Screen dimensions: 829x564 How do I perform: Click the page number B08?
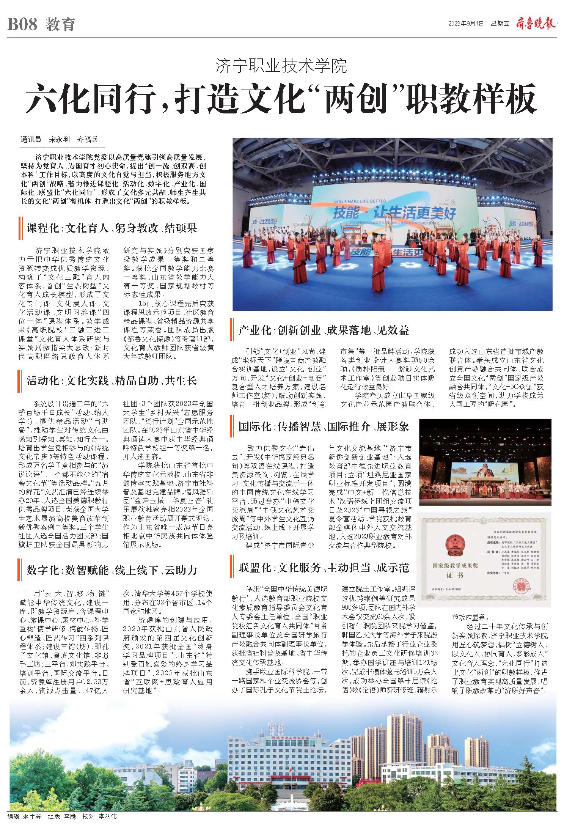click(x=22, y=25)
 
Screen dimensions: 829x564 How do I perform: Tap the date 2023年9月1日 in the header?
click(x=466, y=24)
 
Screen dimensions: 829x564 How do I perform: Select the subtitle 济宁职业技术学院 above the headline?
click(x=281, y=66)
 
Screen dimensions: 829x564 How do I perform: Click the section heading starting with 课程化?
click(x=112, y=228)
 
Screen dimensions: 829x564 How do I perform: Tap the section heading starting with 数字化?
click(x=112, y=570)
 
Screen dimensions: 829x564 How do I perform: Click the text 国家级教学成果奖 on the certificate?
click(x=455, y=566)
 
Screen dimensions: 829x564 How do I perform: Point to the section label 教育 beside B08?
click(x=61, y=25)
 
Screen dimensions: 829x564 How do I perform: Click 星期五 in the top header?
click(x=500, y=24)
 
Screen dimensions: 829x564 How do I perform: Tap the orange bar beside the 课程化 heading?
click(x=19, y=228)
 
